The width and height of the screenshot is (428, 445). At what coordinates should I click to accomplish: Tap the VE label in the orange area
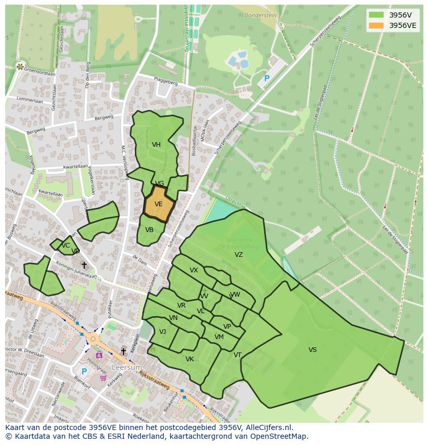click(x=158, y=204)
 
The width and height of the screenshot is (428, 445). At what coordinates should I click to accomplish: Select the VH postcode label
click(x=156, y=145)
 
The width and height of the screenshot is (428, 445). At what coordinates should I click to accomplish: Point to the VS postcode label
click(x=313, y=350)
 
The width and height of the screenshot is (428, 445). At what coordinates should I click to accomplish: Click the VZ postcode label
click(x=238, y=255)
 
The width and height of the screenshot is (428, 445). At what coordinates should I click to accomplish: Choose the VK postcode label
click(x=190, y=359)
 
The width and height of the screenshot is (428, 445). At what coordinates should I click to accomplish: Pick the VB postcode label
click(x=149, y=230)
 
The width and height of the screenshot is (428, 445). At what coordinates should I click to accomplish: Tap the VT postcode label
click(x=237, y=355)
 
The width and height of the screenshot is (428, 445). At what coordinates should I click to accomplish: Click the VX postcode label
click(x=194, y=270)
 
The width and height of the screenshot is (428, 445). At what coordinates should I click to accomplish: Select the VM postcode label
click(x=219, y=337)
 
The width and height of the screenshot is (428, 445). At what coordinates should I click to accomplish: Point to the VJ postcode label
click(x=162, y=332)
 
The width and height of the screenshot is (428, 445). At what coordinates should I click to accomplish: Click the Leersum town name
click(x=127, y=367)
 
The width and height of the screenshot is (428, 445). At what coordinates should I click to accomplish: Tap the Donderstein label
click(x=261, y=16)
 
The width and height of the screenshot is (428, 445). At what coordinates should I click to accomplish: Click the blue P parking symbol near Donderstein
click(x=267, y=79)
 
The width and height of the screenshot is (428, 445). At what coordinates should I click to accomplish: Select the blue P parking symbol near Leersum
click(x=84, y=371)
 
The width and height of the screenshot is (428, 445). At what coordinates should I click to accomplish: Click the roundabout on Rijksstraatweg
click(x=93, y=339)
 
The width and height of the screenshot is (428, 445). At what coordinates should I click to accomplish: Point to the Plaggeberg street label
click(x=166, y=81)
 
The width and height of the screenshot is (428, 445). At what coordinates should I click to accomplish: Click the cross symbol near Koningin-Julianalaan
click(x=84, y=265)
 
